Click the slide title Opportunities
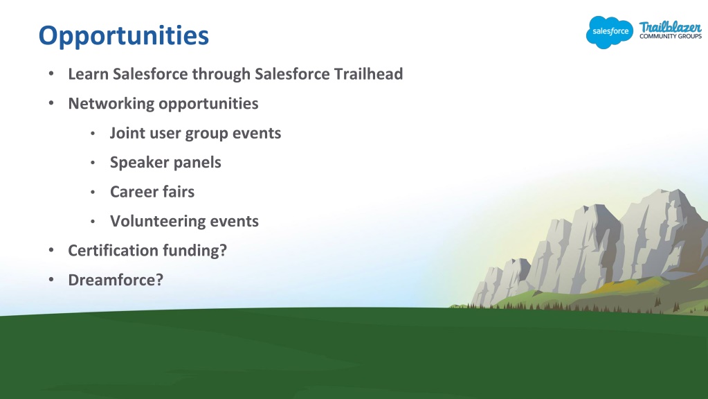click(x=124, y=36)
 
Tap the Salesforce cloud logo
click(x=610, y=32)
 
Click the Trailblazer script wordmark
click(x=671, y=26)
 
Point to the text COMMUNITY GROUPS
click(x=671, y=36)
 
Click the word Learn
click(x=88, y=73)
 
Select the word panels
click(x=199, y=163)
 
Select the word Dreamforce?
click(x=116, y=280)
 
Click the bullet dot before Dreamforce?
click(x=51, y=280)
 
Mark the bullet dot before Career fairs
click(x=93, y=193)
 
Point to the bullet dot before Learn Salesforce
click(x=51, y=73)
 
